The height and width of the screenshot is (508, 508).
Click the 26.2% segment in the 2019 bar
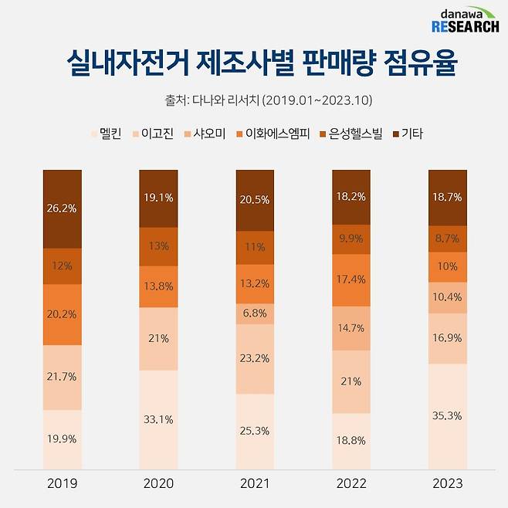coord(62,208)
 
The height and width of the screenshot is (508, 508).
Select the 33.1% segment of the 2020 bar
coord(158,419)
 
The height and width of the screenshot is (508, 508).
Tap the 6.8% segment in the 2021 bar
coord(255,313)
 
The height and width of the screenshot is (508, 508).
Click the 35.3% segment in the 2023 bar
coord(446,415)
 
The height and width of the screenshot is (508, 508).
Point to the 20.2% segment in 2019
coord(62,314)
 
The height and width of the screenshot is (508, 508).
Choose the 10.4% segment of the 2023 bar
coord(446,297)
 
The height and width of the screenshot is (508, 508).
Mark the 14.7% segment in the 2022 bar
coord(351,327)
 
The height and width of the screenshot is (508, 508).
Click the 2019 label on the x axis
coord(62,483)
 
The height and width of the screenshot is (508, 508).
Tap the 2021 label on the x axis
coord(255,483)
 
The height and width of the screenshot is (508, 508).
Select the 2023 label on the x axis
coord(446,483)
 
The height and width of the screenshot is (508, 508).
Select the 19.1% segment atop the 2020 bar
coord(158,197)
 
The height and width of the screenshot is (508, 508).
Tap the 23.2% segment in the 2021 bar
coord(255,359)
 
